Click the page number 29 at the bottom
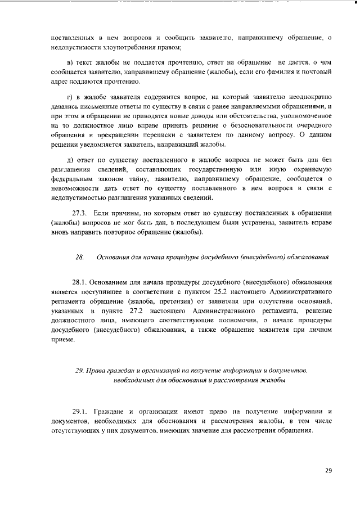328,470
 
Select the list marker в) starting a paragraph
69,62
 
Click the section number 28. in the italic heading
79,258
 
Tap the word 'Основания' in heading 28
113,258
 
